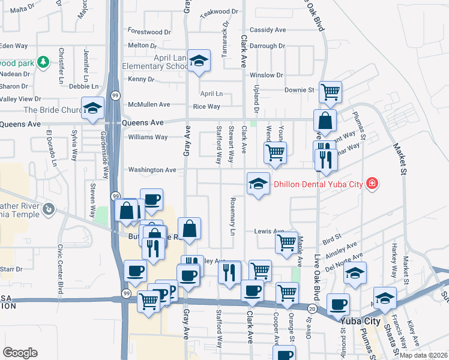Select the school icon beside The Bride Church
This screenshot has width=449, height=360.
click(92, 109)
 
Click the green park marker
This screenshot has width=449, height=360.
click(43, 62)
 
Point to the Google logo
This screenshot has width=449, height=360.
click(20, 352)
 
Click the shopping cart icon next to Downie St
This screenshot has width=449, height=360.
click(330, 92)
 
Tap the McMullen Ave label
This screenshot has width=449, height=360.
click(149, 104)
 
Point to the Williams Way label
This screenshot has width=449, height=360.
click(148, 137)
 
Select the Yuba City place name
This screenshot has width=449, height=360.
click(360, 321)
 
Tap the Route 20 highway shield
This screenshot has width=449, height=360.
click(313, 308)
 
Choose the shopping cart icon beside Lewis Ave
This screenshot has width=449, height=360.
click(286, 242)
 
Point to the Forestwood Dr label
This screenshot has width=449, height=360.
click(149, 32)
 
